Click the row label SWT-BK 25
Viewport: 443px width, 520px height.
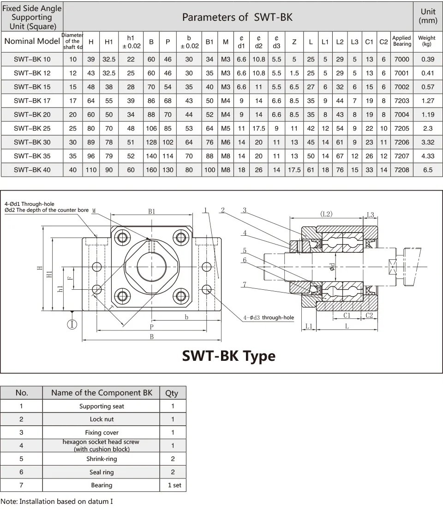32,128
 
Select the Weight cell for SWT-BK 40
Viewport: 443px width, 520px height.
427,170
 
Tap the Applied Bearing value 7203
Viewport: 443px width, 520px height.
401,101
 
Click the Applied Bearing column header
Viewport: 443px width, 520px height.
401,41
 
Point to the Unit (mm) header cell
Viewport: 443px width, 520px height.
427,16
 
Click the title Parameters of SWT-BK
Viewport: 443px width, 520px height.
237,17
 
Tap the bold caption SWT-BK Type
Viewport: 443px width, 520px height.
228,356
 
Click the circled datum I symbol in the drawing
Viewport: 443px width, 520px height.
72,324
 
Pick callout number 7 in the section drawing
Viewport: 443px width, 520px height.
245,285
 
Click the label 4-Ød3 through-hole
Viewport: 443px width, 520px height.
269,317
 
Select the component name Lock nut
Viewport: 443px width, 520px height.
102,419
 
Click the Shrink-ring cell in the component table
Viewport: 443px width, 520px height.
102,459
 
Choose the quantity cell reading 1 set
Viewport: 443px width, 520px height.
174,485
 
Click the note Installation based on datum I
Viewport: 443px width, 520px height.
57,502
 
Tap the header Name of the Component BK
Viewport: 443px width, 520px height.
102,393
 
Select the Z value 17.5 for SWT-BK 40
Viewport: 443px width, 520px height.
294,170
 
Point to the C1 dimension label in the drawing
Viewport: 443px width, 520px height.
347,315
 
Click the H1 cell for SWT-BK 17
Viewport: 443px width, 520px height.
109,101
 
